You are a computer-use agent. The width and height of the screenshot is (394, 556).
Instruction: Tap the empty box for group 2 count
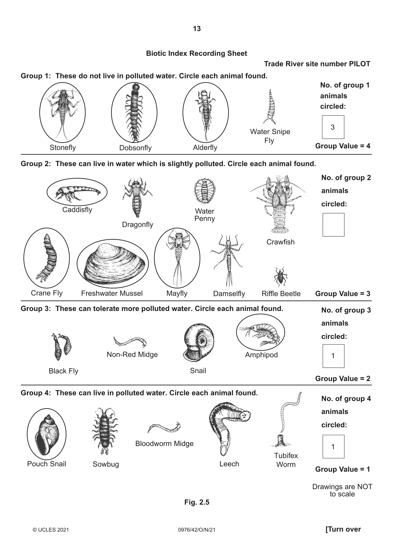(333, 225)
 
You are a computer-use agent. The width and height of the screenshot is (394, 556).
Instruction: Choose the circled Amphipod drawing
(260, 333)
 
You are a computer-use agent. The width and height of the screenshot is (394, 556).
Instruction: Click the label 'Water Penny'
(205, 215)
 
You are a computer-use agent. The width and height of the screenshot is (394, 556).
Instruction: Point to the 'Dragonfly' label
(137, 224)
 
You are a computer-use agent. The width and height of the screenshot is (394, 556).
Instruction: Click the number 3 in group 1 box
(333, 127)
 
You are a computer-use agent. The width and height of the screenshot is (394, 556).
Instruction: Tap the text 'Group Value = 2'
(343, 378)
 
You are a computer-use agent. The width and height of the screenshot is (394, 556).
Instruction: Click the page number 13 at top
(197, 29)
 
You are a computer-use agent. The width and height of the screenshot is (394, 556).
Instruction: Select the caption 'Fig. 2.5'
(197, 502)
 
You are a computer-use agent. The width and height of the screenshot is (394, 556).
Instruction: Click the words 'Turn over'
(344, 529)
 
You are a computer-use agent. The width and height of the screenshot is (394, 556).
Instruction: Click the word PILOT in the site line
(360, 64)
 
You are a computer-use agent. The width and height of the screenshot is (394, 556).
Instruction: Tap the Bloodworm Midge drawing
(164, 428)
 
